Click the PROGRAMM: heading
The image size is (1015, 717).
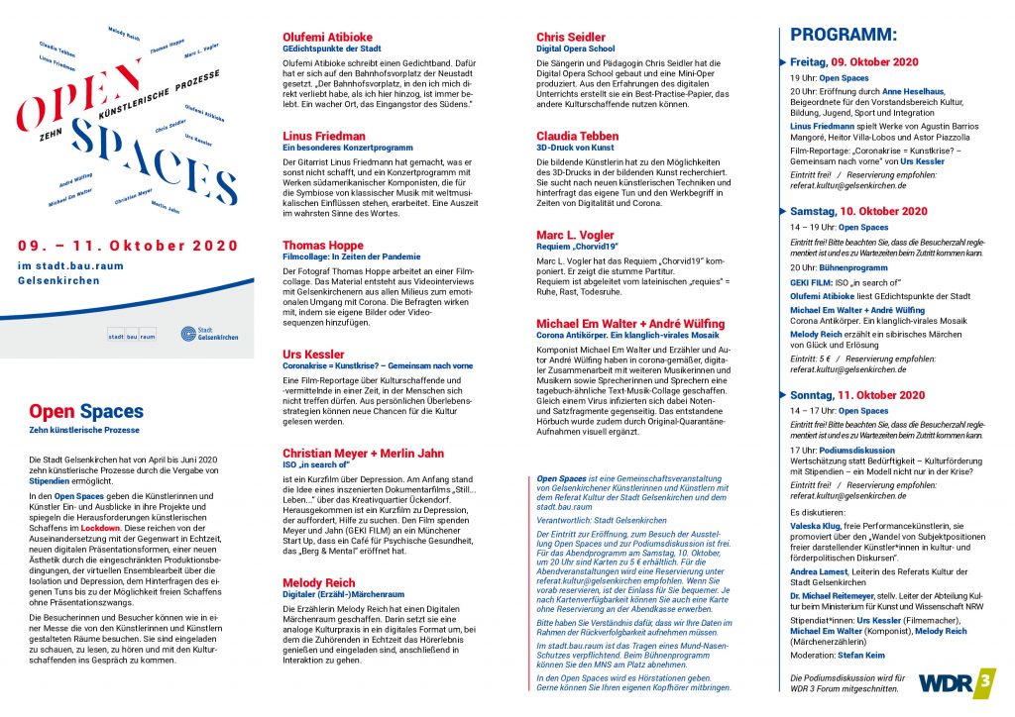[x=843, y=35]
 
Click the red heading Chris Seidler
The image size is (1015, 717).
[x=571, y=38]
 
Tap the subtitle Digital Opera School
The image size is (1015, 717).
[x=576, y=49]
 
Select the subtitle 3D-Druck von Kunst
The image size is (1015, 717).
[x=575, y=147]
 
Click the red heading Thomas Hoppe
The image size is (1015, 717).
[x=323, y=244]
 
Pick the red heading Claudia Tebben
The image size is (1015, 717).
[x=577, y=135]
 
